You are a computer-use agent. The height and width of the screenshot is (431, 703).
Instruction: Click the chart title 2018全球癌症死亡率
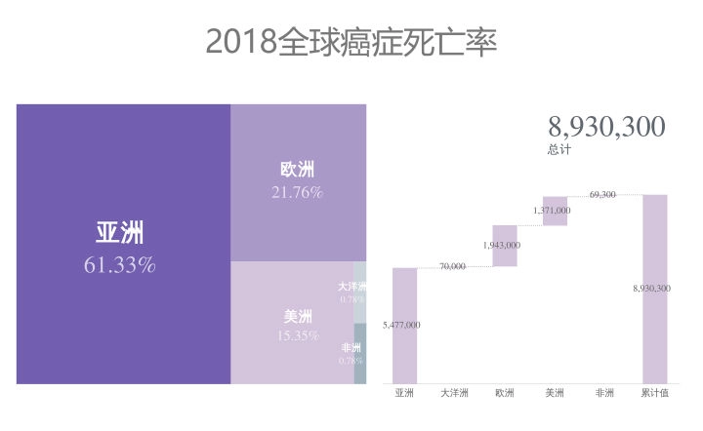[x=351, y=42]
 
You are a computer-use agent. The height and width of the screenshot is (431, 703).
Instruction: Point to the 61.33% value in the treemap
[x=119, y=264]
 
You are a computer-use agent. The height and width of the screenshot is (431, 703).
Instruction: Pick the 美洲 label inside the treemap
[x=298, y=316]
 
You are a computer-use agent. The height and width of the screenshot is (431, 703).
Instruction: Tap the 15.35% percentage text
[x=298, y=335]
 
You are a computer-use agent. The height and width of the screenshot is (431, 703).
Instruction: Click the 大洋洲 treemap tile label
[x=352, y=287]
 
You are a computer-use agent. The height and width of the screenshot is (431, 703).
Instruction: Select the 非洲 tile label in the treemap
[x=351, y=348]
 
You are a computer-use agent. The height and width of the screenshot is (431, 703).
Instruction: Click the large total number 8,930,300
[x=606, y=127]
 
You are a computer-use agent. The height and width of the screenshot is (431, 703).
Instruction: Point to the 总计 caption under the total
[x=559, y=150]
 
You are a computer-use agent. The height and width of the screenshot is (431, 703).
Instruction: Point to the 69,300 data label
[x=602, y=195]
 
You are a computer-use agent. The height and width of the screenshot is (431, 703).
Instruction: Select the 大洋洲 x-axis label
[x=454, y=394]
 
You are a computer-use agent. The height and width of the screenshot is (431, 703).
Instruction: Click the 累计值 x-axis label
[x=654, y=394]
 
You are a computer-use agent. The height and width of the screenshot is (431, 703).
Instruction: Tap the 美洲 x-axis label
[x=555, y=394]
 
